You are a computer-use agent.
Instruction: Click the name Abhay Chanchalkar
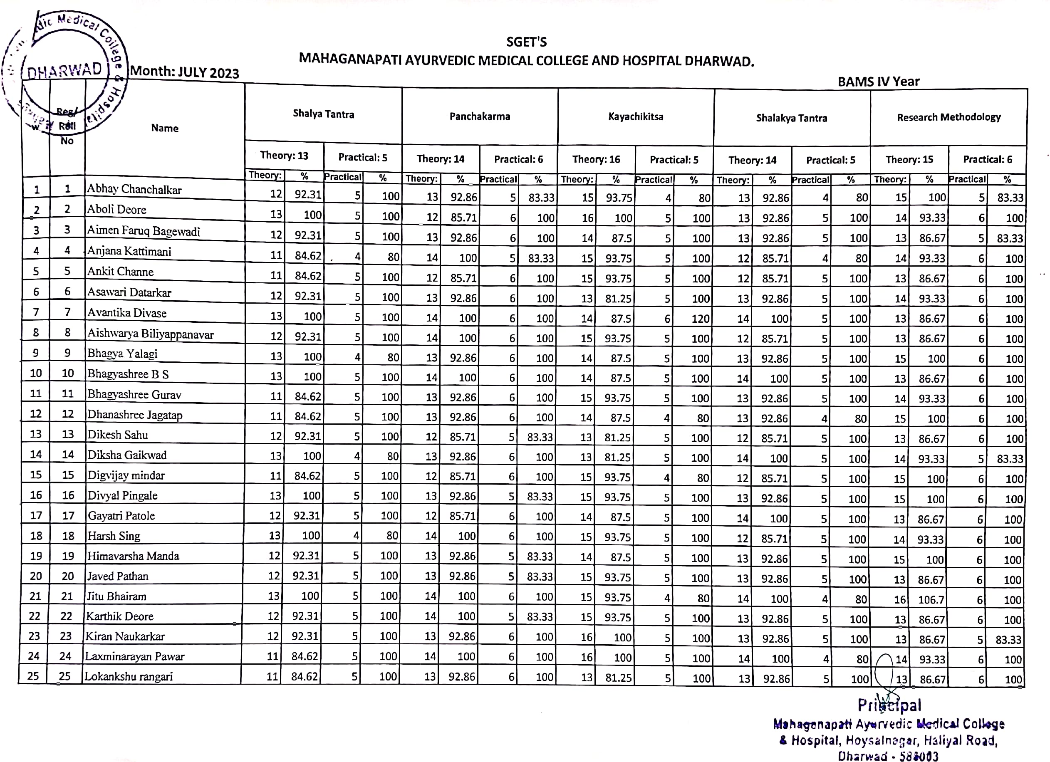[x=134, y=189]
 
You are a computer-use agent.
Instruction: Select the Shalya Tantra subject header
[x=323, y=114]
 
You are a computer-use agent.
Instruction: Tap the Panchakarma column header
[x=480, y=116]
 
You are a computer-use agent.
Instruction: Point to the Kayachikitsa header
[x=635, y=116]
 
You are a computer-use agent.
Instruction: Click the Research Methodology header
[x=948, y=117]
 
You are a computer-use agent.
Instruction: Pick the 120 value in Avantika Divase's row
[x=700, y=319]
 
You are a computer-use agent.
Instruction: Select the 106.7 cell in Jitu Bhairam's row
[x=931, y=599]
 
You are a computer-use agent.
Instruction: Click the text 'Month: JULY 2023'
[x=184, y=72]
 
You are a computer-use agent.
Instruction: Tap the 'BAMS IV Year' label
[x=878, y=82]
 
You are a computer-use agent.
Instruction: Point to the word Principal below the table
[x=889, y=705]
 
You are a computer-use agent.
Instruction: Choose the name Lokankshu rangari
[x=128, y=676]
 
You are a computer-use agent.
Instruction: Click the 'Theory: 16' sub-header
[x=596, y=159]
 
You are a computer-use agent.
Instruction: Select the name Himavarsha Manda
[x=134, y=556]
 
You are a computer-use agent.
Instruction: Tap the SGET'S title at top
[x=526, y=42]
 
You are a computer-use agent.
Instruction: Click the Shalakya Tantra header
[x=791, y=118]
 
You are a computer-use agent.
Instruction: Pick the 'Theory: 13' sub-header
[x=284, y=155]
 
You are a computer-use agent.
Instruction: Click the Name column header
[x=164, y=128]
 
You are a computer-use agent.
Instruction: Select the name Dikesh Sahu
[x=118, y=435]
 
